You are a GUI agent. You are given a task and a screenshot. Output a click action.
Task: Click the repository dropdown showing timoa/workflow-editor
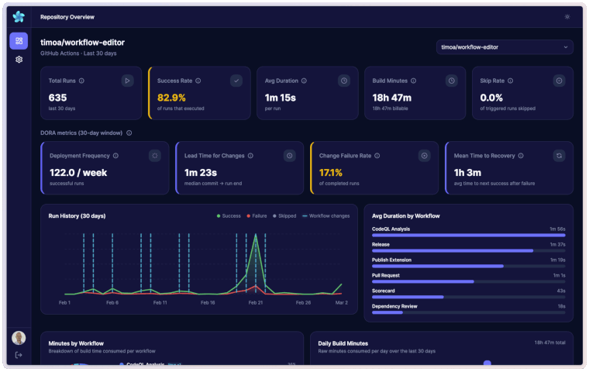click(x=505, y=47)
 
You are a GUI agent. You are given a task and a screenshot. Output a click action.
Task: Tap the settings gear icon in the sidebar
click(x=19, y=60)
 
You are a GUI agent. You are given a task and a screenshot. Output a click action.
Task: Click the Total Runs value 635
click(x=58, y=98)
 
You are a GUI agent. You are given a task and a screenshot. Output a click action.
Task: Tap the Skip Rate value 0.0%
click(x=492, y=98)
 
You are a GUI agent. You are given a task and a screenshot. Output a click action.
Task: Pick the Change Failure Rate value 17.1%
click(x=331, y=172)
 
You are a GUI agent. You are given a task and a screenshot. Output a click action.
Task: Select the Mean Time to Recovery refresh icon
click(x=559, y=156)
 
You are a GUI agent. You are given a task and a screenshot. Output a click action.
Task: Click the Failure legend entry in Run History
click(x=259, y=216)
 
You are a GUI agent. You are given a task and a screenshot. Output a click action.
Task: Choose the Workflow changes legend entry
click(x=325, y=216)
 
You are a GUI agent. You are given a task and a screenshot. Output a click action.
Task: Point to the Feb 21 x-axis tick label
click(x=255, y=302)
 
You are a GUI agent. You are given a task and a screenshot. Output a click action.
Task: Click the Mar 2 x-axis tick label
click(x=341, y=302)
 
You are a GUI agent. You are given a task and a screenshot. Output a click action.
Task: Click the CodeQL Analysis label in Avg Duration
click(x=392, y=229)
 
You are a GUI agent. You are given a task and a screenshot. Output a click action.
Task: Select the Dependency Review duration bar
click(x=387, y=312)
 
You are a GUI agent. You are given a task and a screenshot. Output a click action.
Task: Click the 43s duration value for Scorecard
click(x=560, y=290)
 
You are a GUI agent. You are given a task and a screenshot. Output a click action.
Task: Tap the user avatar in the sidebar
click(x=19, y=338)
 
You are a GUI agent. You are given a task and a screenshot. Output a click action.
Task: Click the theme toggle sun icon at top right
click(x=567, y=16)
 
